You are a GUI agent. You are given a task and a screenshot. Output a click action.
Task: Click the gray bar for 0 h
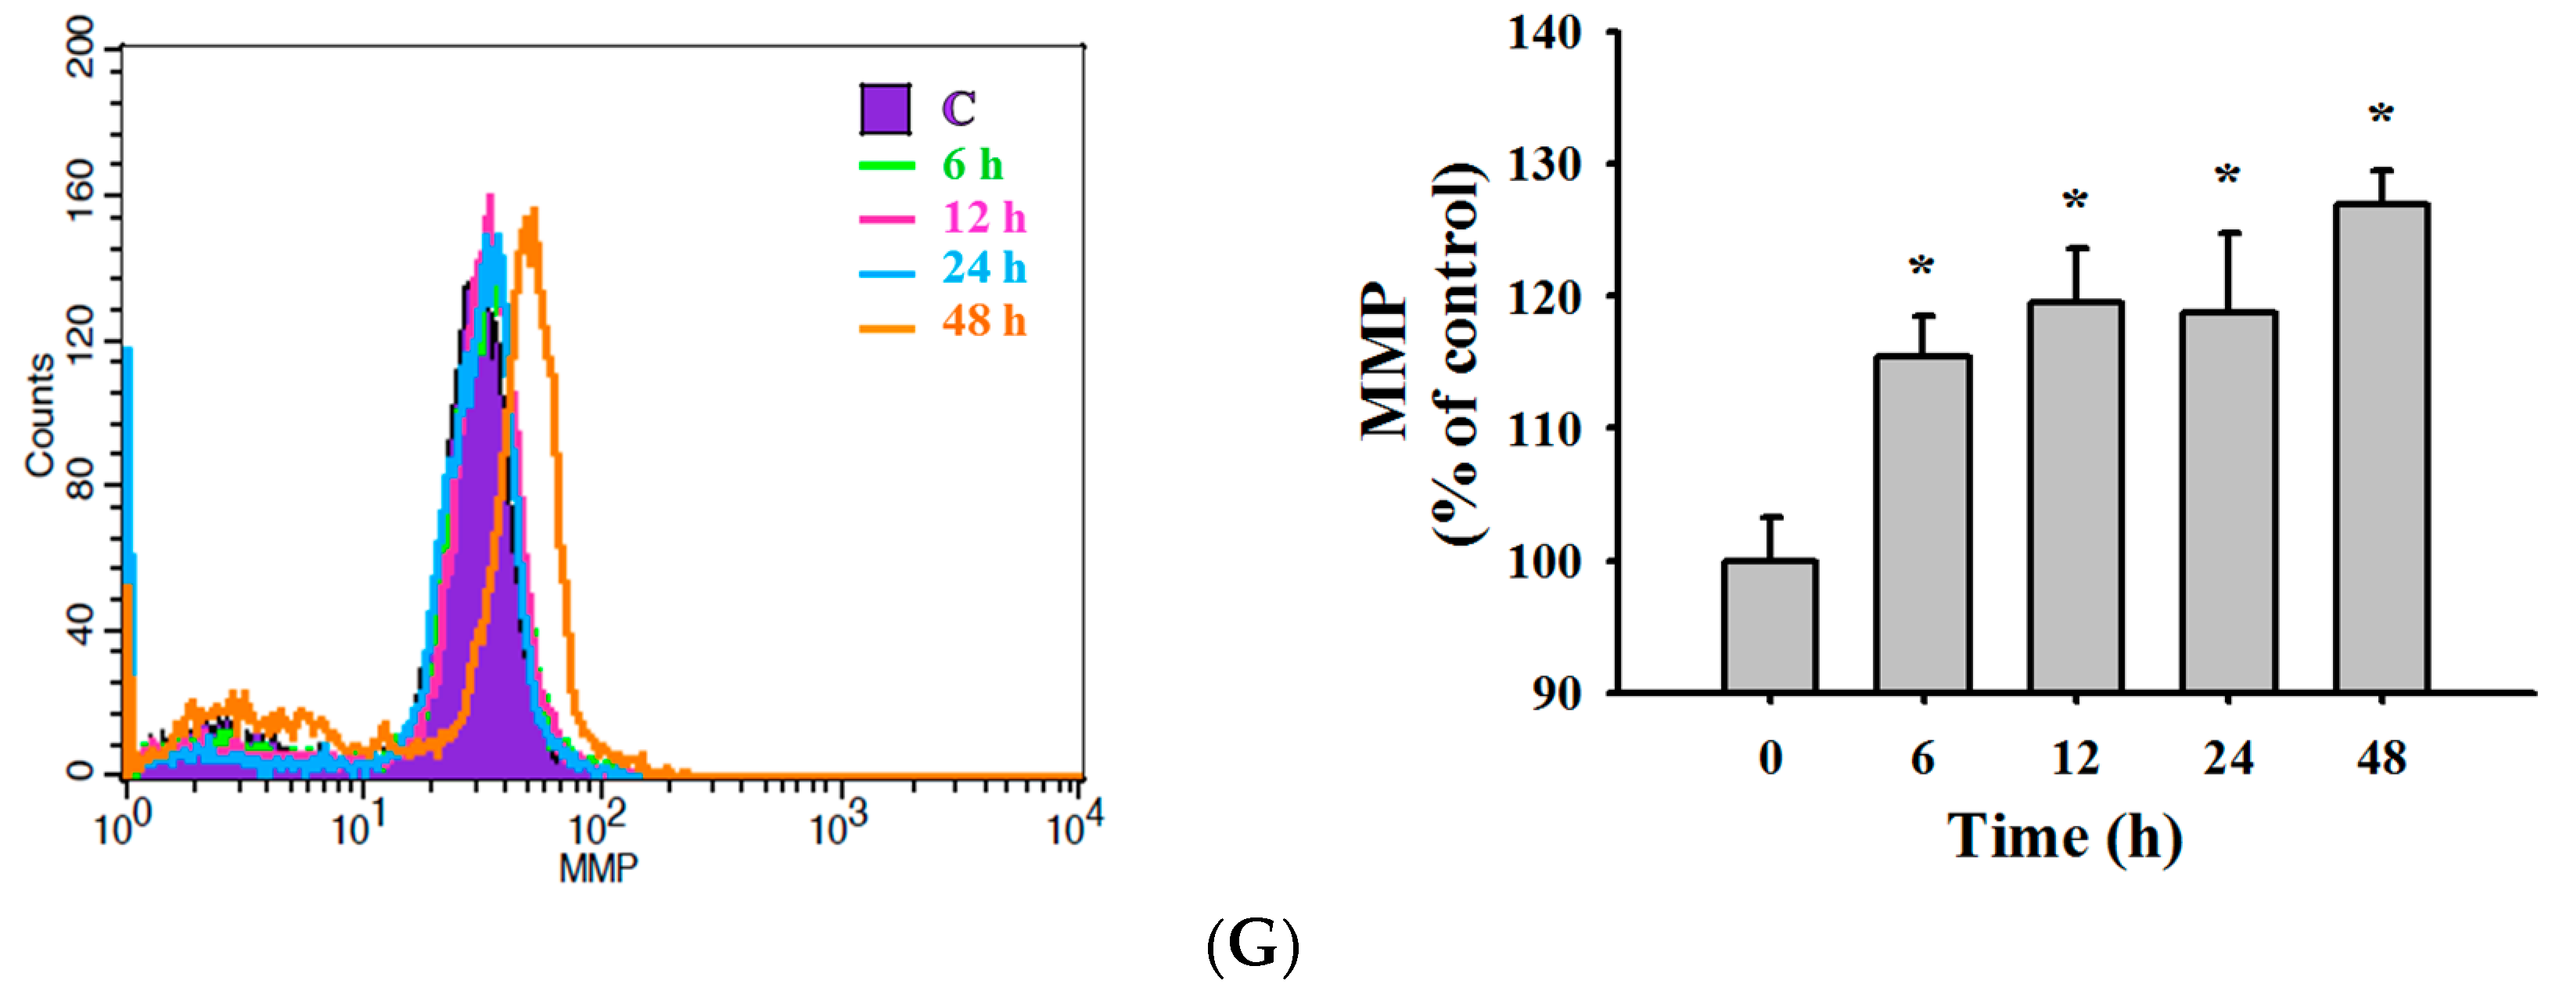pos(1770,626)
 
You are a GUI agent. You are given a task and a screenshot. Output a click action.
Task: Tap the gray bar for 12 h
pos(2076,496)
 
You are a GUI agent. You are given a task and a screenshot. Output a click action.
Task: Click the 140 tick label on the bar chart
pos(1544,34)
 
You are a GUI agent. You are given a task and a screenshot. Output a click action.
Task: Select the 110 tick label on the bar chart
pos(1544,429)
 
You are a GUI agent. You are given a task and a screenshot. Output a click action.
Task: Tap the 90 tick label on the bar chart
pos(1556,694)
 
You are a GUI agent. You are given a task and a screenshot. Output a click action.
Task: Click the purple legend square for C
pos(885,109)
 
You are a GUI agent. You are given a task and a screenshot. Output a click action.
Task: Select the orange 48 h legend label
pos(983,321)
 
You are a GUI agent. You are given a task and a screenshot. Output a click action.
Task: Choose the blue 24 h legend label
pos(983,268)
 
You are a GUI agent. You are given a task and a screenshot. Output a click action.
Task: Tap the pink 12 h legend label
pos(983,217)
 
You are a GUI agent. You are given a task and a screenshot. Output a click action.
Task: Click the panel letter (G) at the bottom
pos(1253,946)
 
